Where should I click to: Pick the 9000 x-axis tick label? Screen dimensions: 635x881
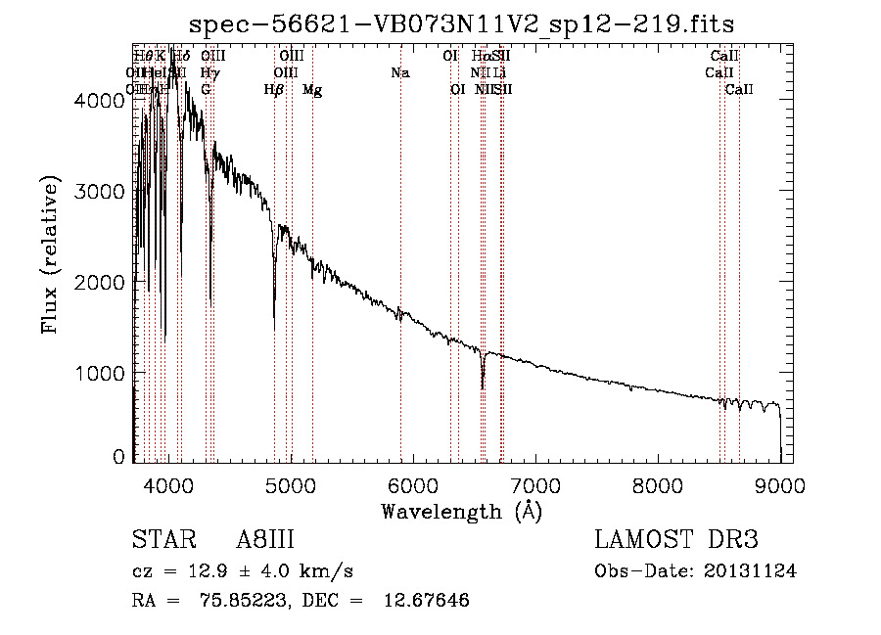(x=779, y=483)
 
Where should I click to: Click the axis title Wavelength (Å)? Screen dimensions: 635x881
(x=461, y=511)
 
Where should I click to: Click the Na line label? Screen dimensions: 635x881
(x=399, y=72)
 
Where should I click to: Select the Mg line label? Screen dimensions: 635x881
(x=312, y=90)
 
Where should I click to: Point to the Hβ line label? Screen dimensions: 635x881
(x=274, y=90)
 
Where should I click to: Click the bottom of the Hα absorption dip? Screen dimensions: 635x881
(x=483, y=387)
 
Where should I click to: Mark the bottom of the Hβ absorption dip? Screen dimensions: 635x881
(x=274, y=330)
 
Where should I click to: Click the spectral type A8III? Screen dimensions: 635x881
(x=265, y=541)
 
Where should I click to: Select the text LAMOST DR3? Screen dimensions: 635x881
(x=675, y=541)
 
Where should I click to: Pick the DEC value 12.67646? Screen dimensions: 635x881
(x=426, y=601)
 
